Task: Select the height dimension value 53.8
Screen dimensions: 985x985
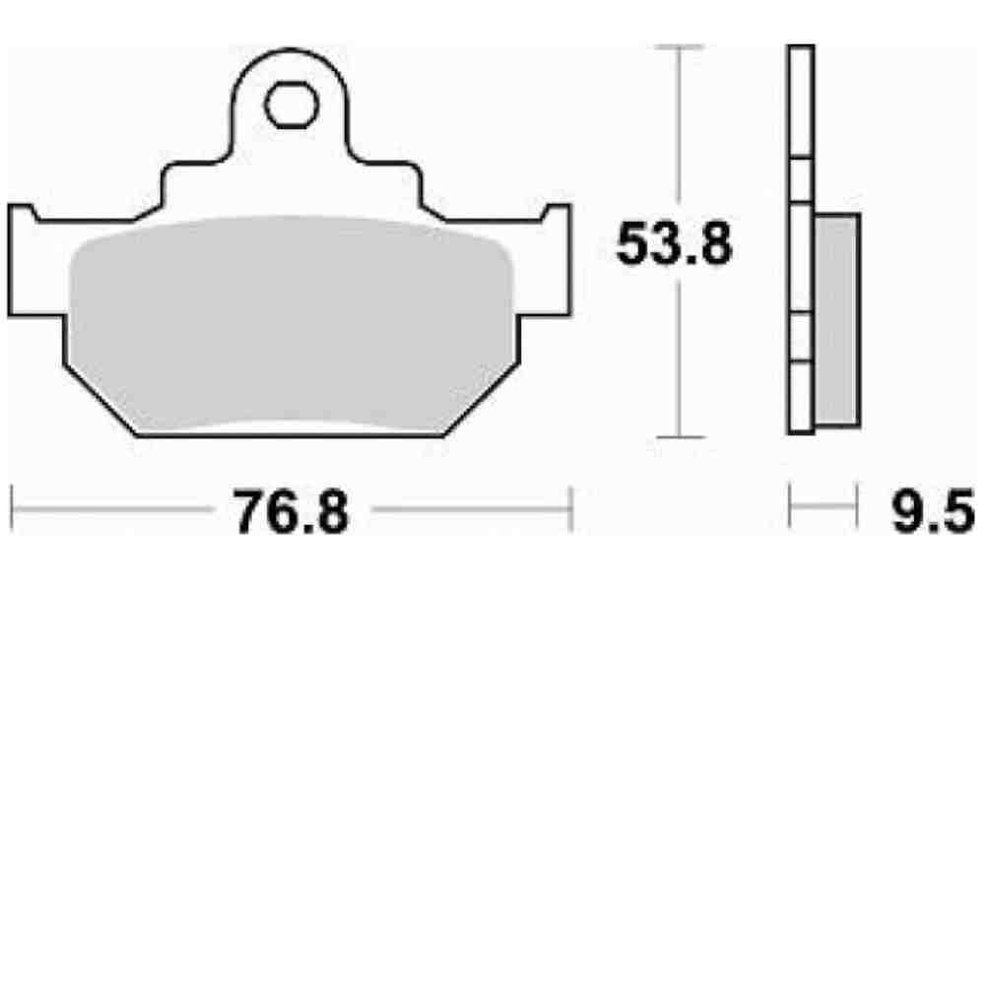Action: click(674, 243)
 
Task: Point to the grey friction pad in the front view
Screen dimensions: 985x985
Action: click(291, 325)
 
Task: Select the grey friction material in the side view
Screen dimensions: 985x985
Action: click(837, 320)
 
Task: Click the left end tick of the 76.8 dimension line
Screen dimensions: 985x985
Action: click(12, 510)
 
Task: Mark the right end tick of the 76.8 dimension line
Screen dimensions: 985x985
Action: click(571, 510)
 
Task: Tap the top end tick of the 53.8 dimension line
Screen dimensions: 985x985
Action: click(678, 46)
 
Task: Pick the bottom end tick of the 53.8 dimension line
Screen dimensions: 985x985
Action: click(678, 437)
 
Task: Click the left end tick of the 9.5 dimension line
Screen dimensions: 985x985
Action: click(790, 510)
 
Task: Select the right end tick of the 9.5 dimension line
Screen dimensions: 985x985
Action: click(854, 510)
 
